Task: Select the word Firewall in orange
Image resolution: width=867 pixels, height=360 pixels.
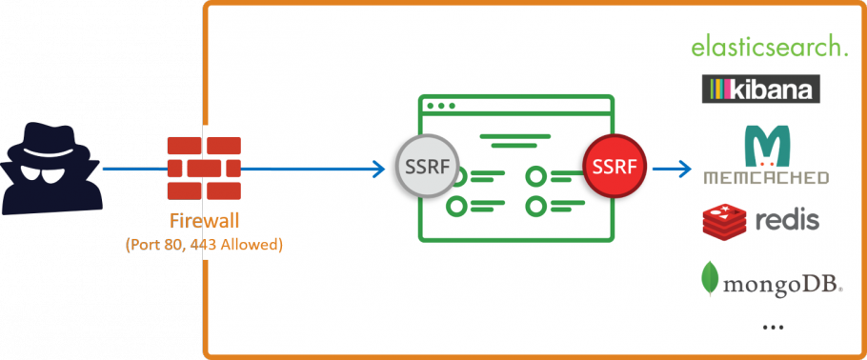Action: click(x=204, y=222)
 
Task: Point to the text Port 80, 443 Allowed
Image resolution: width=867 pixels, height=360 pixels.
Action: click(x=204, y=244)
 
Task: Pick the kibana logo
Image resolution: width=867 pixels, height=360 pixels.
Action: click(x=760, y=90)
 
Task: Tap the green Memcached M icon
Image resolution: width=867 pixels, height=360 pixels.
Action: click(x=766, y=146)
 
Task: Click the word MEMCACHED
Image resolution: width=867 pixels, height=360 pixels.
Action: click(x=766, y=177)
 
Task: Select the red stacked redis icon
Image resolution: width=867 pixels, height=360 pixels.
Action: click(x=724, y=221)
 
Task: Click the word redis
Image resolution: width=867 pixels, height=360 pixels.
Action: click(x=786, y=221)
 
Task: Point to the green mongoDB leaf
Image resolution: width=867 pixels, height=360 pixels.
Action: click(x=710, y=277)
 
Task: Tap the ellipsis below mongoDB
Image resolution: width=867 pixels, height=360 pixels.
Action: click(x=773, y=328)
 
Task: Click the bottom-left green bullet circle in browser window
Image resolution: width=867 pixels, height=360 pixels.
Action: click(x=457, y=205)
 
